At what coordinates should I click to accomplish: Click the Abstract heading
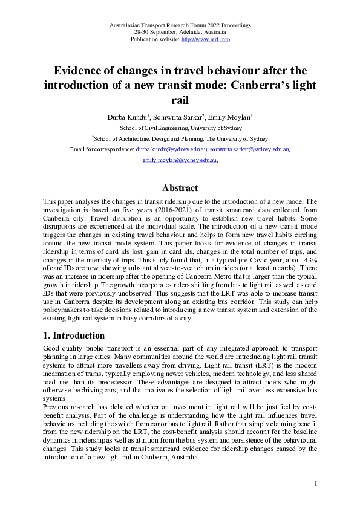coord(180,188)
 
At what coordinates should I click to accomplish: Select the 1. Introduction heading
coord(74,335)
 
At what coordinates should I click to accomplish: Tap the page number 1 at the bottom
coord(316,484)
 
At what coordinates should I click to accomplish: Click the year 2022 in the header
coord(209,25)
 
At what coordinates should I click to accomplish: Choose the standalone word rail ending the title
coord(180,99)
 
